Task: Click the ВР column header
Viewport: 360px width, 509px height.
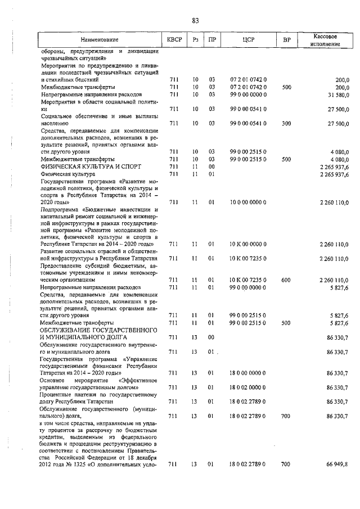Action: [x=286, y=40]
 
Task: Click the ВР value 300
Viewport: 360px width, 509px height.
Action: [x=286, y=123]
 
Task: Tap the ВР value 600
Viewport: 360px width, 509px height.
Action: [x=286, y=280]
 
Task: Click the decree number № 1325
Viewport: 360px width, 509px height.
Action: [x=83, y=464]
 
